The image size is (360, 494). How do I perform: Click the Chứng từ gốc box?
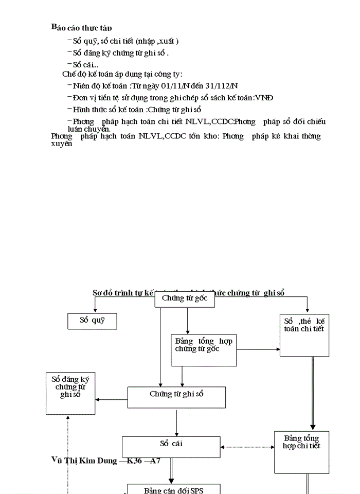click(184, 298)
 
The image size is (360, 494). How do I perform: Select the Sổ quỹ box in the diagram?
click(92, 321)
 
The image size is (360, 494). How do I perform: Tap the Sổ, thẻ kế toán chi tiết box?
click(304, 334)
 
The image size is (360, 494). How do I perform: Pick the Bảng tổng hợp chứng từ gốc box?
click(204, 350)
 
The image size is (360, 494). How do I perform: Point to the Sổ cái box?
click(171, 447)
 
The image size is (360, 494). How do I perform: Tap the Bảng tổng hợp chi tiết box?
click(301, 452)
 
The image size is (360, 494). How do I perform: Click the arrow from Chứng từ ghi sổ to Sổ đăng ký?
click(112, 399)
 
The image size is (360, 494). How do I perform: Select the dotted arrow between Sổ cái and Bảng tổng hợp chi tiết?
click(247, 447)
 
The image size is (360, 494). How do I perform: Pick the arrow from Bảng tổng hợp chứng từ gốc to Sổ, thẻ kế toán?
click(258, 350)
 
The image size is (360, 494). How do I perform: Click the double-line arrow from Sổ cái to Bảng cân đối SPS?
click(171, 470)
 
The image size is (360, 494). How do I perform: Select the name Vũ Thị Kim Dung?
click(84, 460)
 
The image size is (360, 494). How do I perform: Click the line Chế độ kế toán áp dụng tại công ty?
click(122, 74)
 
